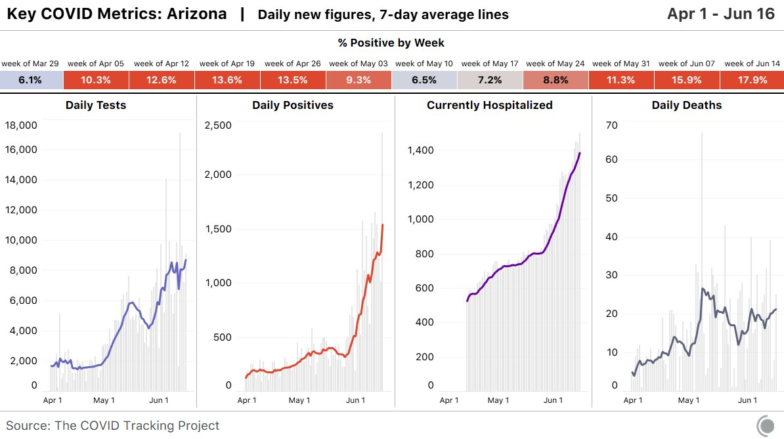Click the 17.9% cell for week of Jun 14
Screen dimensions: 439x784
(752, 80)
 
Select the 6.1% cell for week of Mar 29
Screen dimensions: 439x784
(30, 80)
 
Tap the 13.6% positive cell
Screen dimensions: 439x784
(227, 80)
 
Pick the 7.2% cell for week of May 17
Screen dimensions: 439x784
(490, 80)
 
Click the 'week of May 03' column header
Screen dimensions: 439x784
(358, 64)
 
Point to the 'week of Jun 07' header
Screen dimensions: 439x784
(686, 64)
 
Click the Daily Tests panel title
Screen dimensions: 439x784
(96, 105)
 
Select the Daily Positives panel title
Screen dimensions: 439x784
(293, 105)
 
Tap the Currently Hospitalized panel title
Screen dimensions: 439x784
(490, 105)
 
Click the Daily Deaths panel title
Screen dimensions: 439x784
(686, 105)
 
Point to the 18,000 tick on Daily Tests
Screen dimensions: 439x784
(21, 125)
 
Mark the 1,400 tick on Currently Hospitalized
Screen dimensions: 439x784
(420, 150)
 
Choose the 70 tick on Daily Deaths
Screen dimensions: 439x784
(611, 125)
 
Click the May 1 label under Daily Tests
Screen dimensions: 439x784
(104, 400)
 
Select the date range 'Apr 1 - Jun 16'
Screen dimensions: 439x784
(721, 14)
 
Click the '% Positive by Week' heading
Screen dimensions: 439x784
(391, 43)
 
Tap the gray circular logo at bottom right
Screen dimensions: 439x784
(766, 425)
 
